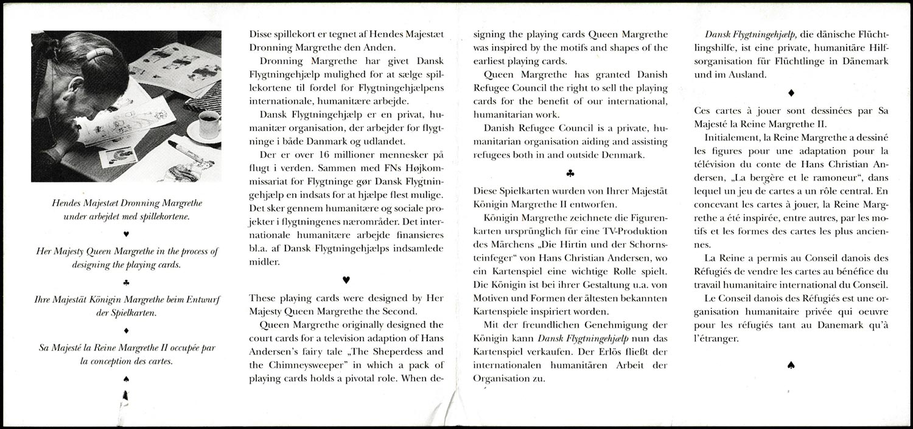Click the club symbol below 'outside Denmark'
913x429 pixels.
[x=570, y=173]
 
